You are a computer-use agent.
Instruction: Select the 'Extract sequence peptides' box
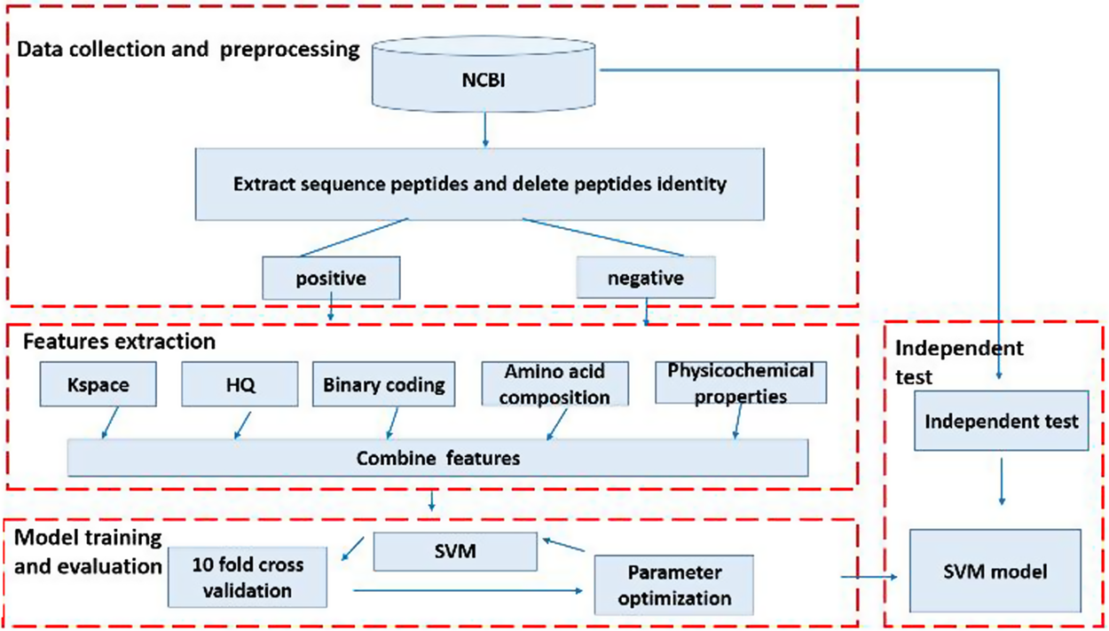[x=479, y=184]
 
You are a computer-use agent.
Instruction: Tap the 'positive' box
[x=331, y=279]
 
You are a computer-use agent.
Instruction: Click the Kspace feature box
[x=98, y=386]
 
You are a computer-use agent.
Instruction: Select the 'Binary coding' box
[x=383, y=386]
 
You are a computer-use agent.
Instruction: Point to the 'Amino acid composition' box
[x=554, y=384]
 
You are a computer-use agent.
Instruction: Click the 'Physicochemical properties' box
[x=740, y=383]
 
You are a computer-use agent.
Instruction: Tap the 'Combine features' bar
[x=437, y=459]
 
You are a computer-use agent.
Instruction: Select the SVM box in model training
[x=455, y=551]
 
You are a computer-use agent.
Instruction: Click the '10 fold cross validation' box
[x=248, y=578]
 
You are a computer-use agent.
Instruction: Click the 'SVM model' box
[x=995, y=571]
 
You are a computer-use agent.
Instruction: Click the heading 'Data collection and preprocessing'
[x=188, y=49]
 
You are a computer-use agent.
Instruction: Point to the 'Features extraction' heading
[x=119, y=341]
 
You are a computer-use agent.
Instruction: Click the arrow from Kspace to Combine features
[x=110, y=422]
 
